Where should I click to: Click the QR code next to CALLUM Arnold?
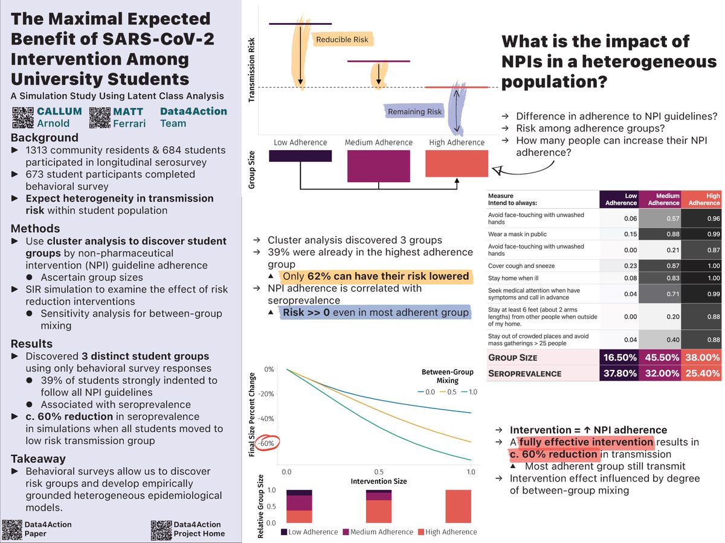pyautogui.click(x=23, y=117)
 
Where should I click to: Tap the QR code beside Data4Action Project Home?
pyautogui.click(x=160, y=529)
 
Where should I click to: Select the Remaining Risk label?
pyautogui.click(x=414, y=112)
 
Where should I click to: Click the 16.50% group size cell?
pyautogui.click(x=619, y=357)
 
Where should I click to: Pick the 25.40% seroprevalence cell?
pyautogui.click(x=701, y=373)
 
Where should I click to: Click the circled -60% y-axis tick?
pyautogui.click(x=267, y=443)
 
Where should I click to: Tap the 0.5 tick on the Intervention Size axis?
pyautogui.click(x=378, y=471)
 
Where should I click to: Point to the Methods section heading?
pyautogui.click(x=36, y=228)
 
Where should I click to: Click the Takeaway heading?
pyautogui.click(x=38, y=459)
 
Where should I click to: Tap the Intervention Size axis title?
pyautogui.click(x=378, y=481)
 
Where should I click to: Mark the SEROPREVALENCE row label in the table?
pyautogui.click(x=525, y=373)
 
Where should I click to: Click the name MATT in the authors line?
pyautogui.click(x=127, y=112)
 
